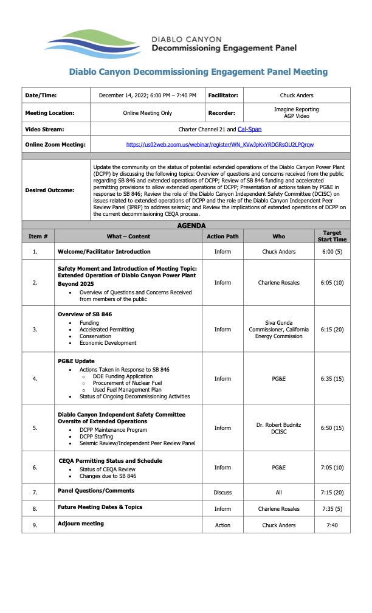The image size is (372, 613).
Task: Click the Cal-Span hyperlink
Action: coord(249,129)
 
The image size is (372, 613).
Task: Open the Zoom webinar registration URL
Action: coord(220,145)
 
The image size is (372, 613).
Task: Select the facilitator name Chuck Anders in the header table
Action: coord(297,95)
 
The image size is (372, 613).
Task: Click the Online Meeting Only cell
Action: coord(148,113)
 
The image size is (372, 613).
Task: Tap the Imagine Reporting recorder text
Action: coord(297,109)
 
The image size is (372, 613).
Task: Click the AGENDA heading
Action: coord(191,225)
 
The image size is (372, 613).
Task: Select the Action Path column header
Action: coord(222,236)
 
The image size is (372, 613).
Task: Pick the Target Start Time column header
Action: coord(332,236)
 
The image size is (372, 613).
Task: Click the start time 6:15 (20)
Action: coord(332,330)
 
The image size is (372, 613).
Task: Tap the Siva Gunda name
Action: coord(278,322)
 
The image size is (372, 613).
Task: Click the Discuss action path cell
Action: coord(222,492)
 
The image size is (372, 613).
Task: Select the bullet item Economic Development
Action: coord(108,343)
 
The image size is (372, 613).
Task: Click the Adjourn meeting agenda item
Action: coord(81,524)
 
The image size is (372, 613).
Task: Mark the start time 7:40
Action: coord(332,525)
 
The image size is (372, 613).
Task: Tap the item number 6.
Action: coord(35,468)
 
